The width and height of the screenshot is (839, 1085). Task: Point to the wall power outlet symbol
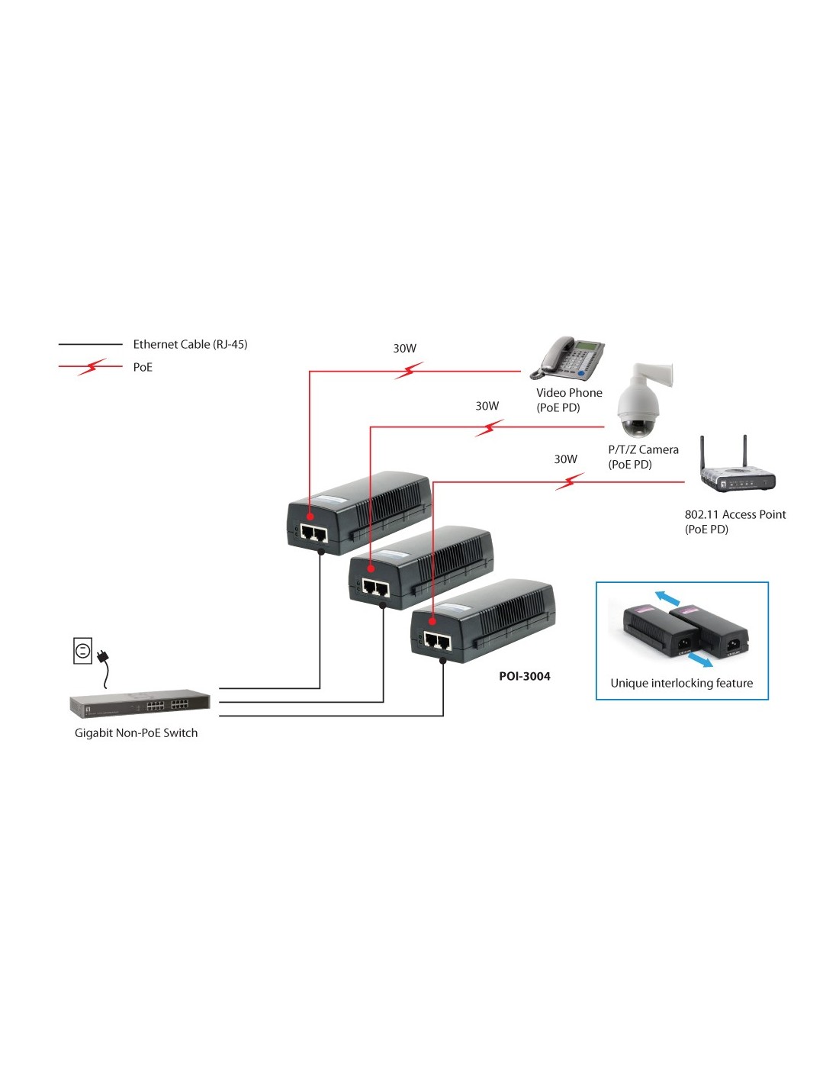tap(82, 651)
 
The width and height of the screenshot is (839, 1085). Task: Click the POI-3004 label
tap(525, 676)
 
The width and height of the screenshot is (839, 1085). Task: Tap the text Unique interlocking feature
tap(681, 683)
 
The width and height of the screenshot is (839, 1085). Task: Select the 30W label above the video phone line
tap(404, 349)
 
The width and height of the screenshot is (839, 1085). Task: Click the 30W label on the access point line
tap(565, 459)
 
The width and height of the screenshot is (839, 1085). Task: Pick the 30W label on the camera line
tap(487, 406)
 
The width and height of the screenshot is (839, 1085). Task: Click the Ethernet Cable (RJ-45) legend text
tap(190, 344)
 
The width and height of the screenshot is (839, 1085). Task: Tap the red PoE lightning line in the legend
tap(91, 367)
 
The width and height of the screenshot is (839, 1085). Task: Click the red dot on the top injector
tap(310, 517)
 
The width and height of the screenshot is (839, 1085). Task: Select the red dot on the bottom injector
tap(432, 622)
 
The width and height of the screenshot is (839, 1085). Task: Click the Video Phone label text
tap(569, 393)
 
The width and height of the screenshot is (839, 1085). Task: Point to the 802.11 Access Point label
tap(735, 515)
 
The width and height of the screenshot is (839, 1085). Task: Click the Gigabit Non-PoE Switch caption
tap(136, 733)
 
